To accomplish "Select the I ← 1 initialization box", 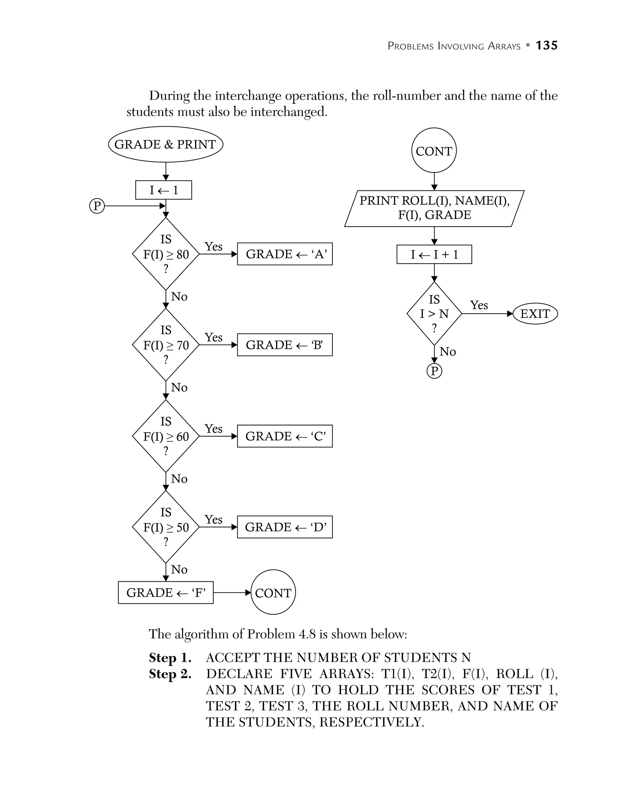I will click(163, 190).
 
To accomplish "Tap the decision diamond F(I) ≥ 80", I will click(165, 254).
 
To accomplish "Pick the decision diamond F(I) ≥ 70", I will click(165, 345).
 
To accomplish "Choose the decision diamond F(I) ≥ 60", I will click(165, 436).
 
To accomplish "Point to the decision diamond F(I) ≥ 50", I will click(165, 527).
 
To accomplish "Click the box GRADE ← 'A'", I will click(285, 254).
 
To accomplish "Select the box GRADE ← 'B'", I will click(285, 345).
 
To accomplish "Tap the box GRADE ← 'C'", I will click(285, 436).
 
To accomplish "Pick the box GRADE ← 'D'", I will click(285, 527).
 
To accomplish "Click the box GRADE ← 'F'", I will click(165, 593).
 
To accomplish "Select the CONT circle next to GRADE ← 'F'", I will click(273, 593).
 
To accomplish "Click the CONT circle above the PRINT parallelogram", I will click(434, 151).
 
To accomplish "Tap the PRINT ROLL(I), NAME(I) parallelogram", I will click(434, 208).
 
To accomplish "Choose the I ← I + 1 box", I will click(434, 254).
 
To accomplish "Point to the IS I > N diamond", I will click(434, 314).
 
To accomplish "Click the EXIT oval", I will click(535, 314).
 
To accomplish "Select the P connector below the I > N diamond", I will click(434, 371).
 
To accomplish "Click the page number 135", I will click(546, 45).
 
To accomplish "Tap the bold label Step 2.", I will click(170, 674).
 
